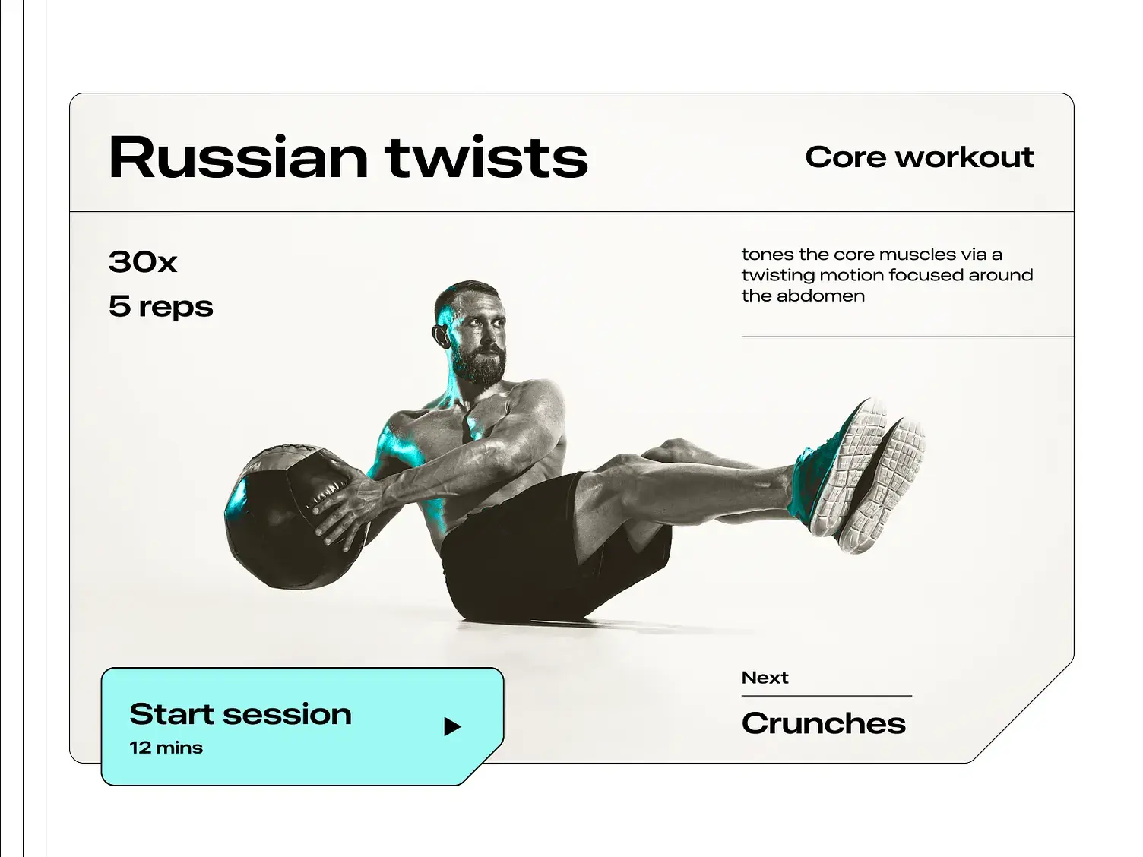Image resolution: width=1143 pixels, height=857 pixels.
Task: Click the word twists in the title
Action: (x=486, y=157)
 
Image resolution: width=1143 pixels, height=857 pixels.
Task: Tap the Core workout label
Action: (x=920, y=157)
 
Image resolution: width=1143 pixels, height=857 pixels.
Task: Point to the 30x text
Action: (x=143, y=262)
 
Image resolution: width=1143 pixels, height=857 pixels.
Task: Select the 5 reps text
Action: (x=160, y=306)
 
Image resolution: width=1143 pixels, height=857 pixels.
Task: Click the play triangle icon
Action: (x=452, y=727)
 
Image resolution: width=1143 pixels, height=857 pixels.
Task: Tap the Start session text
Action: (x=240, y=714)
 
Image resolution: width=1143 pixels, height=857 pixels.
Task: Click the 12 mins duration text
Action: (x=166, y=748)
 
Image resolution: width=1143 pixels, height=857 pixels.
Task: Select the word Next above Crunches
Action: (x=765, y=678)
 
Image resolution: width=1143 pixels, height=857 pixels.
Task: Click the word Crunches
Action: (x=823, y=723)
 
